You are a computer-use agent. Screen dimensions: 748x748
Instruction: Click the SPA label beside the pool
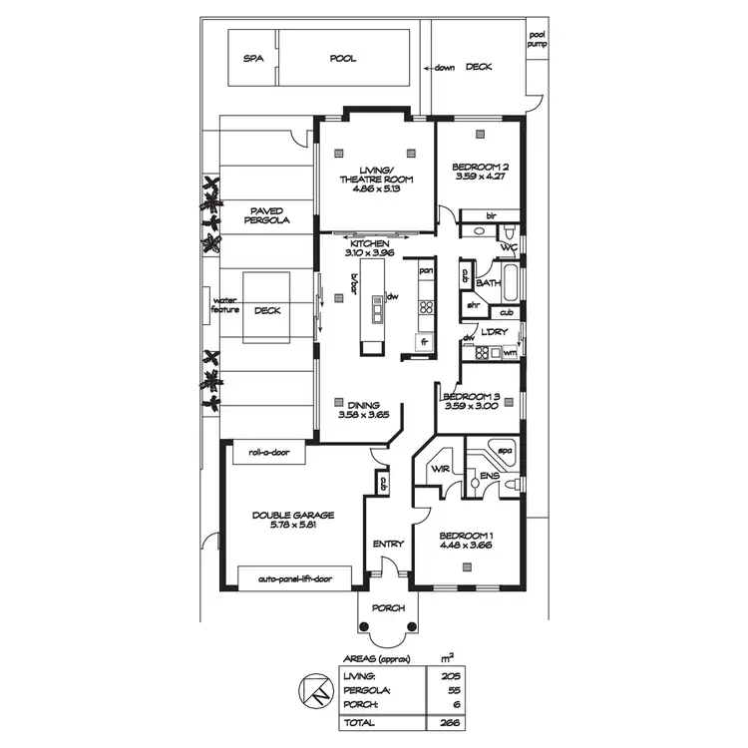(x=252, y=59)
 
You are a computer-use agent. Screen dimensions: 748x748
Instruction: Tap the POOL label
(x=343, y=59)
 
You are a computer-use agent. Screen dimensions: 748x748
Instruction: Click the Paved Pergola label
(x=269, y=214)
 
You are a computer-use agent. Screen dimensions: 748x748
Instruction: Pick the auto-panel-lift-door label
(x=295, y=578)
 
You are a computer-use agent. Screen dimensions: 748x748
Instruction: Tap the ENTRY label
(x=387, y=544)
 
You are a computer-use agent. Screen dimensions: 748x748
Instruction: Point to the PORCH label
(x=387, y=608)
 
